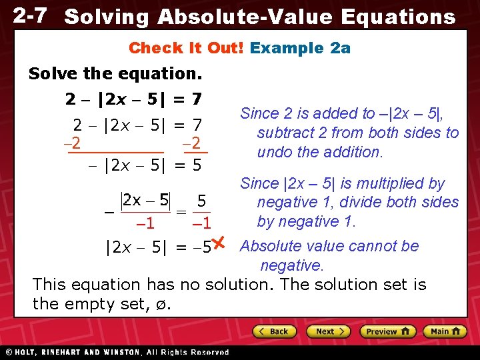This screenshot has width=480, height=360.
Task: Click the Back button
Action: point(273,331)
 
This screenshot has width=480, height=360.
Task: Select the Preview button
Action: point(387,331)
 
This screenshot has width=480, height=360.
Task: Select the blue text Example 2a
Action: point(300,48)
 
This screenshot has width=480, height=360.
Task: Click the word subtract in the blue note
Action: point(283,133)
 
